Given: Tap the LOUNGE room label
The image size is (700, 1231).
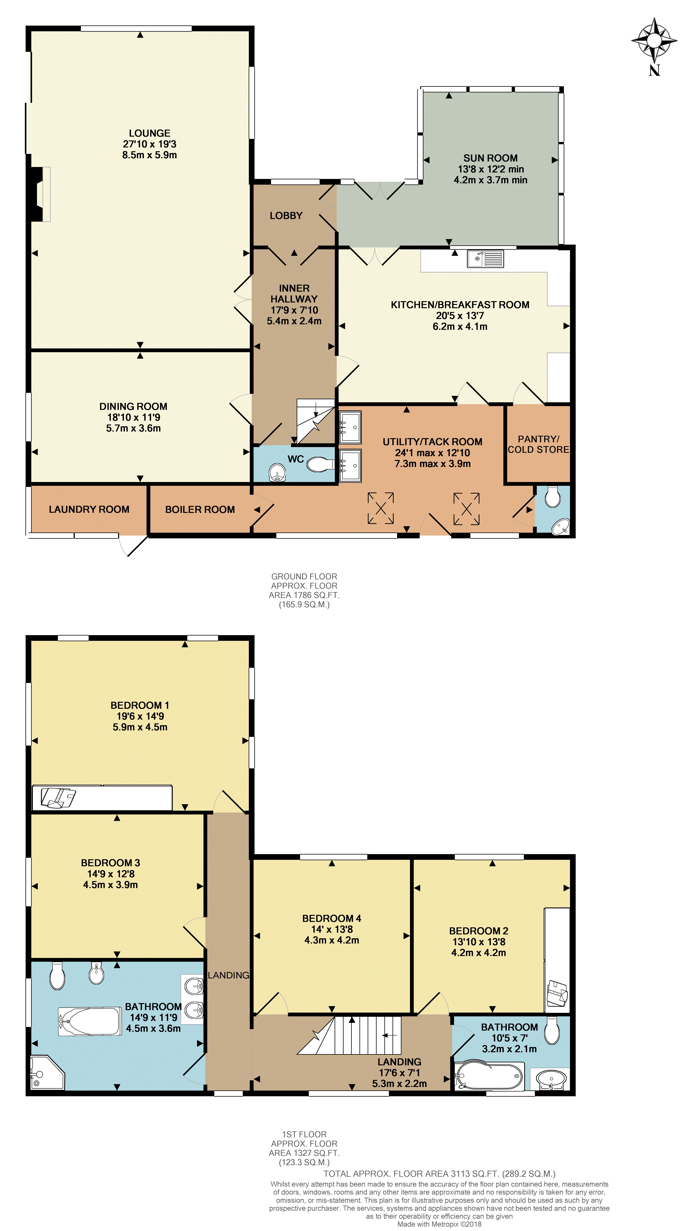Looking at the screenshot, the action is pyautogui.click(x=150, y=133).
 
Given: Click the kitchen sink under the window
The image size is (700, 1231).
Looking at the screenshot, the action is pyautogui.click(x=485, y=259).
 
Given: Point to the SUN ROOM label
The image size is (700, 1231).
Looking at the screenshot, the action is pyautogui.click(x=490, y=158).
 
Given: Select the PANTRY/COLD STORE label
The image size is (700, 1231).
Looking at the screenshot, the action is pyautogui.click(x=538, y=444).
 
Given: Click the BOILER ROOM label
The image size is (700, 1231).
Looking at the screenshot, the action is pyautogui.click(x=200, y=510).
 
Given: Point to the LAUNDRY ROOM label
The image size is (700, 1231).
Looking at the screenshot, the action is pyautogui.click(x=89, y=510).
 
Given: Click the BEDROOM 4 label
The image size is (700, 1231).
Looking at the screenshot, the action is pyautogui.click(x=332, y=919).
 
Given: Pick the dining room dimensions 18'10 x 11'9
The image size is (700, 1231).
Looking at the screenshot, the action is pyautogui.click(x=133, y=417).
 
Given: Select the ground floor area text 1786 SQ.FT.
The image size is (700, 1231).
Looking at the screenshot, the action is pyautogui.click(x=304, y=595).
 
